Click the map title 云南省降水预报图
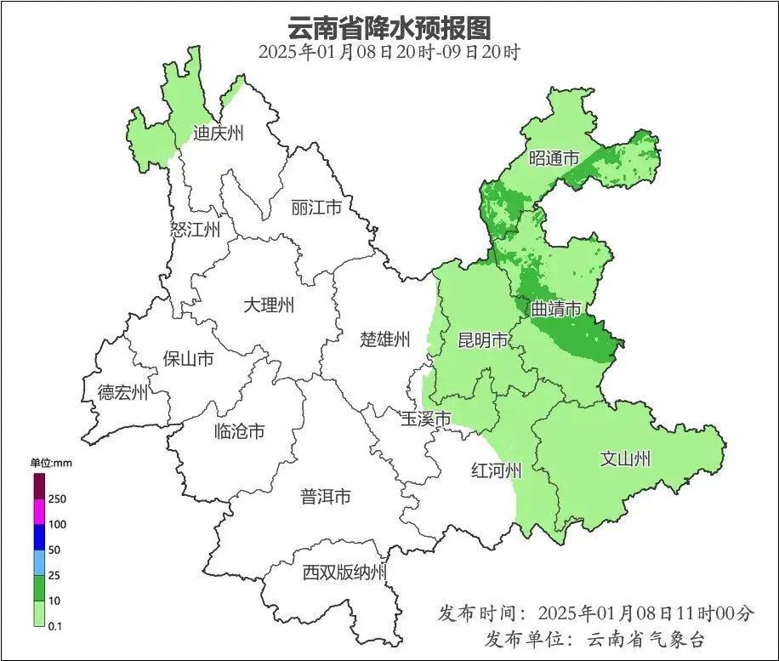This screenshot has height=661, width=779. point(389,27)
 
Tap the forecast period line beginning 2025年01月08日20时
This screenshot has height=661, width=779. point(389,52)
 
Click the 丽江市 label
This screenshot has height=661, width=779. point(316,208)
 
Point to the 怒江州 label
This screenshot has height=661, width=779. point(195,230)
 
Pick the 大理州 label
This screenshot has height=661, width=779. point(268,305)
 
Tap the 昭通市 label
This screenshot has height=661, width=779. point(554,158)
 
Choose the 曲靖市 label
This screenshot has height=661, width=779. point(556,310)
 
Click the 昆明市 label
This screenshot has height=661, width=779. point(482,341)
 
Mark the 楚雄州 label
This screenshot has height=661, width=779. point(384,340)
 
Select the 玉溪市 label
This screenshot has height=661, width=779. point(425,419)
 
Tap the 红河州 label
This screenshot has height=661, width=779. point(496,470)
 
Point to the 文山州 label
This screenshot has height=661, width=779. point(625,459)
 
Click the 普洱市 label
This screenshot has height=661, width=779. point(325,496)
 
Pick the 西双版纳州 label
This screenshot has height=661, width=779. point(344,573)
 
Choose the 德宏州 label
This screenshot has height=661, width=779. point(122,392)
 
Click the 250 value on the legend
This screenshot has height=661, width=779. point(59,499)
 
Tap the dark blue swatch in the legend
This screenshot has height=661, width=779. point(39,537)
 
